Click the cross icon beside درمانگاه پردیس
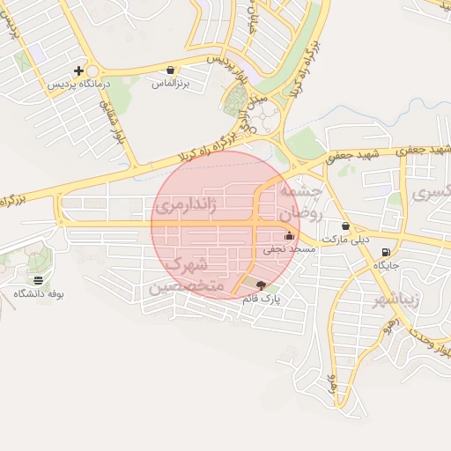tap(79, 70)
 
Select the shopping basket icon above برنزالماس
tap(170, 69)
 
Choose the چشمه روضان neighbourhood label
tap(302, 202)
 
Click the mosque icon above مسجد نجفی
tap(290, 235)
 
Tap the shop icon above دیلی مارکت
tap(345, 225)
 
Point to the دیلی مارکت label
tap(344, 239)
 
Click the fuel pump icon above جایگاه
tap(387, 251)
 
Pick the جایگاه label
tap(387, 264)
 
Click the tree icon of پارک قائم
tap(259, 285)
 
